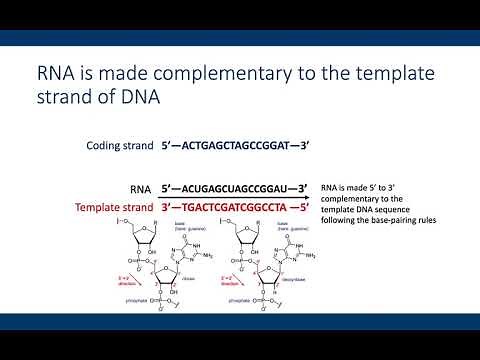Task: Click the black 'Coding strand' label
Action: point(119,146)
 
